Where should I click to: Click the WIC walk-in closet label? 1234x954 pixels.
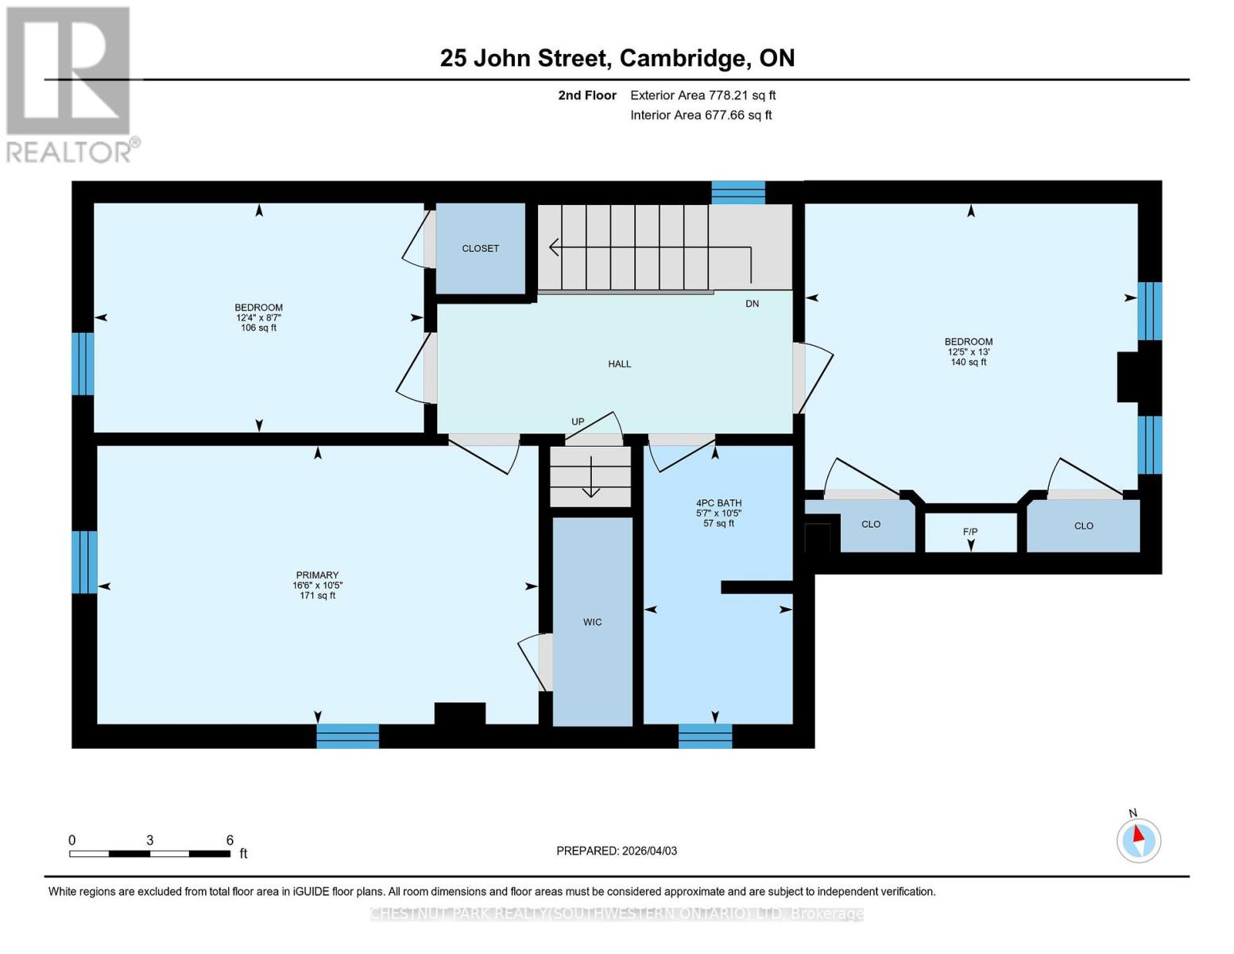tap(592, 622)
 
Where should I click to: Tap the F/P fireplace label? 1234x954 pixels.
tap(969, 532)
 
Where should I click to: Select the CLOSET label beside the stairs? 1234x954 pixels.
tap(481, 249)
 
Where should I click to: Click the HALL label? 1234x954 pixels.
tap(620, 364)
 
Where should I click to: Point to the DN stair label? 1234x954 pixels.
tap(752, 304)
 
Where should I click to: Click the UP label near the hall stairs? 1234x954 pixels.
tap(578, 422)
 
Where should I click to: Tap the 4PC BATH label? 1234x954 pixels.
tap(718, 503)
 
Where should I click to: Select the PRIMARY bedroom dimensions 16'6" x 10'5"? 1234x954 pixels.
tap(317, 586)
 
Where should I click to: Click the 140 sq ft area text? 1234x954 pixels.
tap(968, 363)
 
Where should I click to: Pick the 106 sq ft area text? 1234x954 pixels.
tap(258, 328)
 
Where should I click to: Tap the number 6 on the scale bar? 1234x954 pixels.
tap(230, 840)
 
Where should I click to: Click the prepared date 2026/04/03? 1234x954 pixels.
tap(649, 851)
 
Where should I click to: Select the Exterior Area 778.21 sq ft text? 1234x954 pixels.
tap(702, 95)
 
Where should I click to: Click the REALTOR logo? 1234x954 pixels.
tap(69, 83)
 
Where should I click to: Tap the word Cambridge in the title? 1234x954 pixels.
tap(683, 58)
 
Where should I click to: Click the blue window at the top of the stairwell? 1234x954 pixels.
tap(737, 192)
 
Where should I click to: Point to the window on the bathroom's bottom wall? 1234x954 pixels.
tap(705, 736)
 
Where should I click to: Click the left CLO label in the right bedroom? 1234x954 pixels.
tap(871, 525)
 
